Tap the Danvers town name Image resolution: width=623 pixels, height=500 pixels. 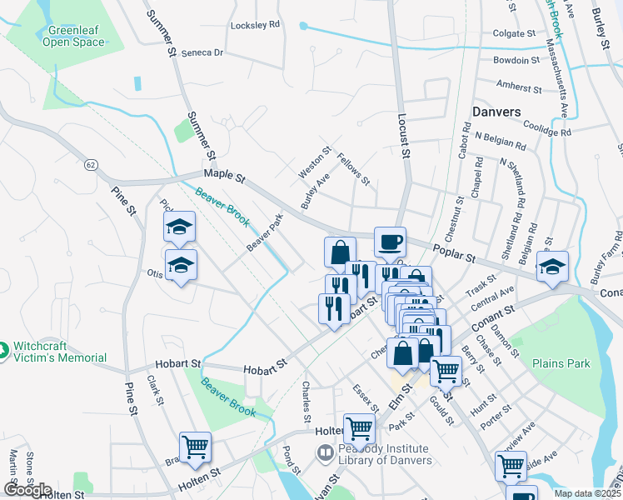coord(496,111)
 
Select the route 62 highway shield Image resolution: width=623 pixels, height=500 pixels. coord(90,165)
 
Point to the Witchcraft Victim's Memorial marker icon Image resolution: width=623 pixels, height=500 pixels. coord(6,351)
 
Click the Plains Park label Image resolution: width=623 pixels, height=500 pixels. coord(561,363)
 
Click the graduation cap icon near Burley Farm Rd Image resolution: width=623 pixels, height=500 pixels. coord(552,267)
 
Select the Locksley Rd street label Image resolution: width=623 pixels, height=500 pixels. coord(256,25)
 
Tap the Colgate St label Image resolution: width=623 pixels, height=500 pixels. coord(513,34)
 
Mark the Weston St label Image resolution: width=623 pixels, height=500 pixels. coord(309,162)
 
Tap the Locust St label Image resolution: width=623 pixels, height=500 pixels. coord(404,137)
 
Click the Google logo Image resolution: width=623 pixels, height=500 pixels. coord(27,489)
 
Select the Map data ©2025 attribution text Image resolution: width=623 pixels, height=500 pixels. coord(586,493)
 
